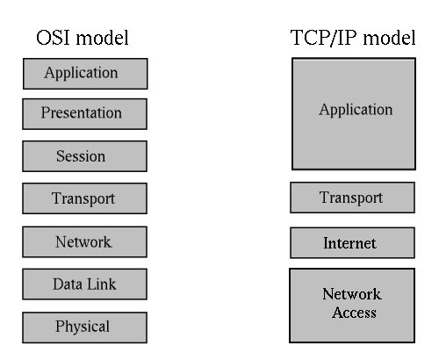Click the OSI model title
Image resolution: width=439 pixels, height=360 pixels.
(83, 38)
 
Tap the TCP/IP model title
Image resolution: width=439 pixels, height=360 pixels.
(353, 38)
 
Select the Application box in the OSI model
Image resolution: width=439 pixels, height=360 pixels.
(85, 74)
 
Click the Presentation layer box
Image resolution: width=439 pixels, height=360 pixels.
(84, 114)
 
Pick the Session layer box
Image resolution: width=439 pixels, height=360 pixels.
(84, 156)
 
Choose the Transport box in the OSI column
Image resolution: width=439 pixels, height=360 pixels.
(84, 198)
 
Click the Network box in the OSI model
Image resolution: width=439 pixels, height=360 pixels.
(84, 242)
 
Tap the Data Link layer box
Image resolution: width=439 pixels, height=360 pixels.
(84, 284)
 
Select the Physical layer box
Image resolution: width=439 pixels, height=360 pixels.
(84, 328)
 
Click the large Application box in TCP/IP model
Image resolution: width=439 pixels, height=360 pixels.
(354, 113)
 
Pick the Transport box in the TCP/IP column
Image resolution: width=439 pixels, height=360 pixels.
(352, 198)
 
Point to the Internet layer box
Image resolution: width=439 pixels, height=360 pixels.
(352, 243)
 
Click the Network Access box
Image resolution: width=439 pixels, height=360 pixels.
(352, 306)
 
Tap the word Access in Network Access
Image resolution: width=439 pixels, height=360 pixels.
(354, 313)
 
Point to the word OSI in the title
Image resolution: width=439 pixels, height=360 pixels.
(54, 38)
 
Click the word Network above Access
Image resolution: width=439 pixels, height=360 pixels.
(352, 294)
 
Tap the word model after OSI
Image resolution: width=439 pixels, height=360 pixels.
(102, 38)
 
